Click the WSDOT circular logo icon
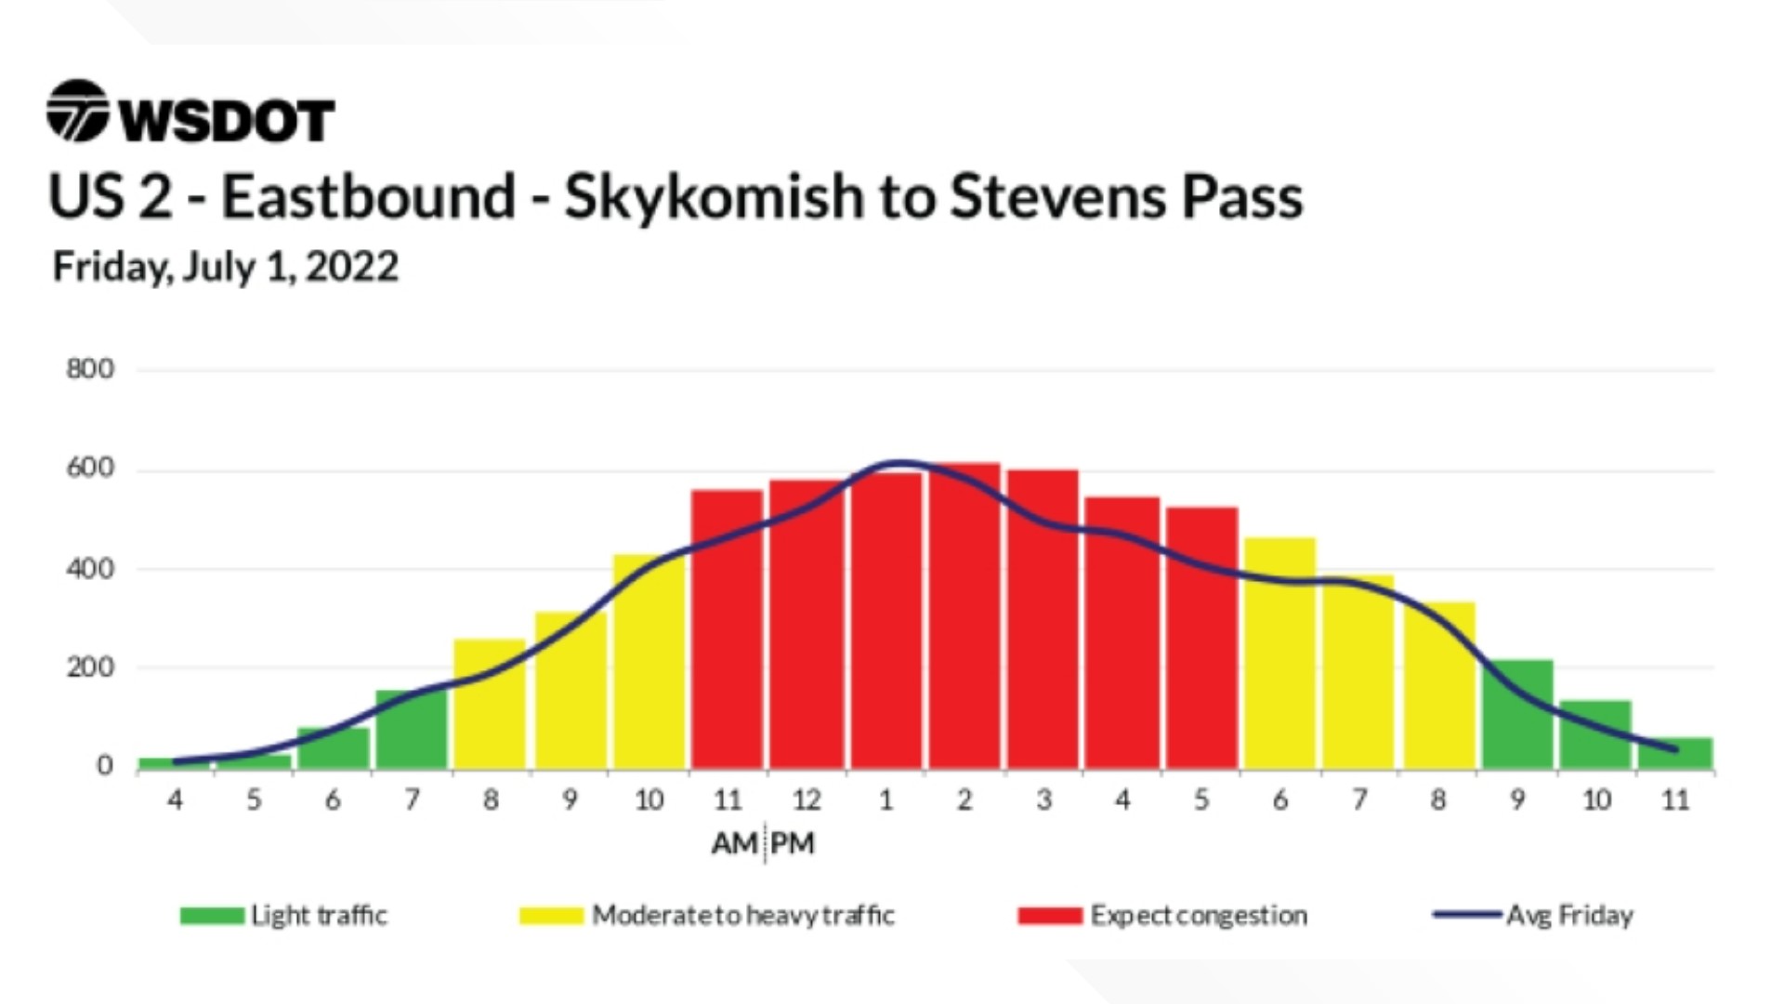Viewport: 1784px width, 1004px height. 78,111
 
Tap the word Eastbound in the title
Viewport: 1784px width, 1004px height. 368,196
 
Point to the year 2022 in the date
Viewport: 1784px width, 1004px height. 352,267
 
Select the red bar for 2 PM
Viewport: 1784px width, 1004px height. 965,615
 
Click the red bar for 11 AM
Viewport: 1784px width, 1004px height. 728,629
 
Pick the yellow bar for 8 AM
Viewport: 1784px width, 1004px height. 490,704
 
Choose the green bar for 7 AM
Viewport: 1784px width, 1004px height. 411,730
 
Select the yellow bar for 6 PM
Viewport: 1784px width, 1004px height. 1280,654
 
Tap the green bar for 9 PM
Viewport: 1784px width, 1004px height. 1517,714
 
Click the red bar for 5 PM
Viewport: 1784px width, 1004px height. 1202,638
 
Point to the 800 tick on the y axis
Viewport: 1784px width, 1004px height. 90,369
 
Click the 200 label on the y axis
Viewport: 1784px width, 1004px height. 90,667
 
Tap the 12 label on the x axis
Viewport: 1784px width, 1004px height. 807,799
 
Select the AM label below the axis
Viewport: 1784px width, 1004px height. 735,843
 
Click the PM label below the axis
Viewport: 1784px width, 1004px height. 793,843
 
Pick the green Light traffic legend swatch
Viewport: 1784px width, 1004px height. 212,916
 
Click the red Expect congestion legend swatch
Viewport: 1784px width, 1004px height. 1050,916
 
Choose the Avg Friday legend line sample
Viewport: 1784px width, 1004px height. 1467,915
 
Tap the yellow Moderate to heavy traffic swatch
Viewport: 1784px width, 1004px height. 551,916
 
